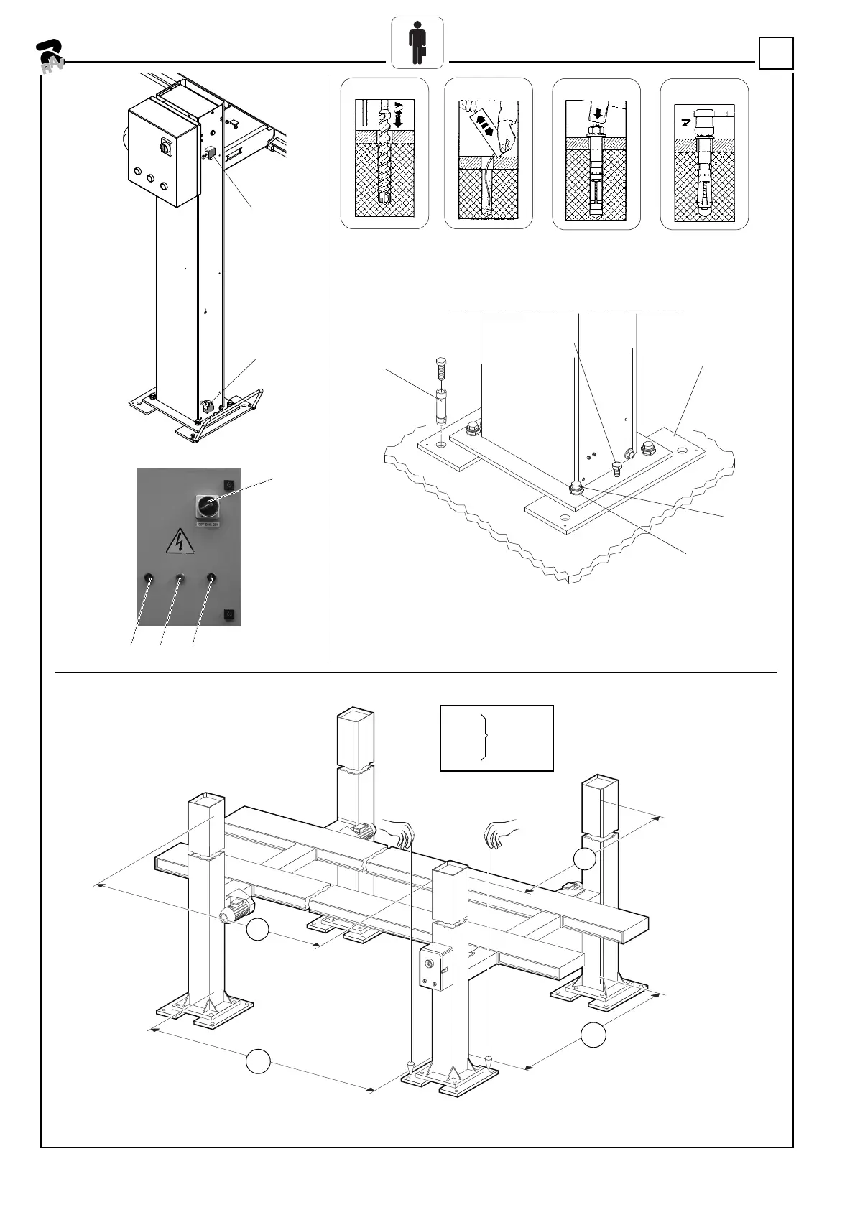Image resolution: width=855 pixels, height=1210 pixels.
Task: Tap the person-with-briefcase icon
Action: point(417,42)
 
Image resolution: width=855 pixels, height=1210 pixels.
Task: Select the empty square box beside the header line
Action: point(776,53)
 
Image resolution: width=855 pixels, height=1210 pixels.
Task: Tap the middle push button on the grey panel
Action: point(180,578)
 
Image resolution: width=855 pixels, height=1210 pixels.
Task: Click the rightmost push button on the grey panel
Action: point(211,578)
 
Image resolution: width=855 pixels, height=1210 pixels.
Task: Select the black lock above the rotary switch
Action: point(229,482)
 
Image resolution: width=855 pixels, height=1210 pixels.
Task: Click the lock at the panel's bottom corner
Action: point(229,614)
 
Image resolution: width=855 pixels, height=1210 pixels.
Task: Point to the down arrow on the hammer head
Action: point(598,113)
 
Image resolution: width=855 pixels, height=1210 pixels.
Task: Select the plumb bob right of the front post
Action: point(488,1058)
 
